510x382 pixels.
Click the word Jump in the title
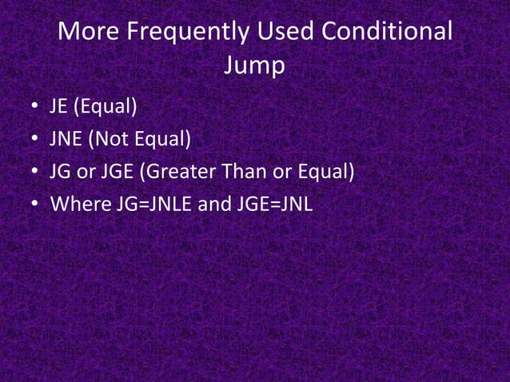pos(254,67)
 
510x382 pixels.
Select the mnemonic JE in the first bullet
pos(61,106)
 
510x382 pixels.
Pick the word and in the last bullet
pos(214,205)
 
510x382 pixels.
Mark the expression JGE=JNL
pos(273,205)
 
